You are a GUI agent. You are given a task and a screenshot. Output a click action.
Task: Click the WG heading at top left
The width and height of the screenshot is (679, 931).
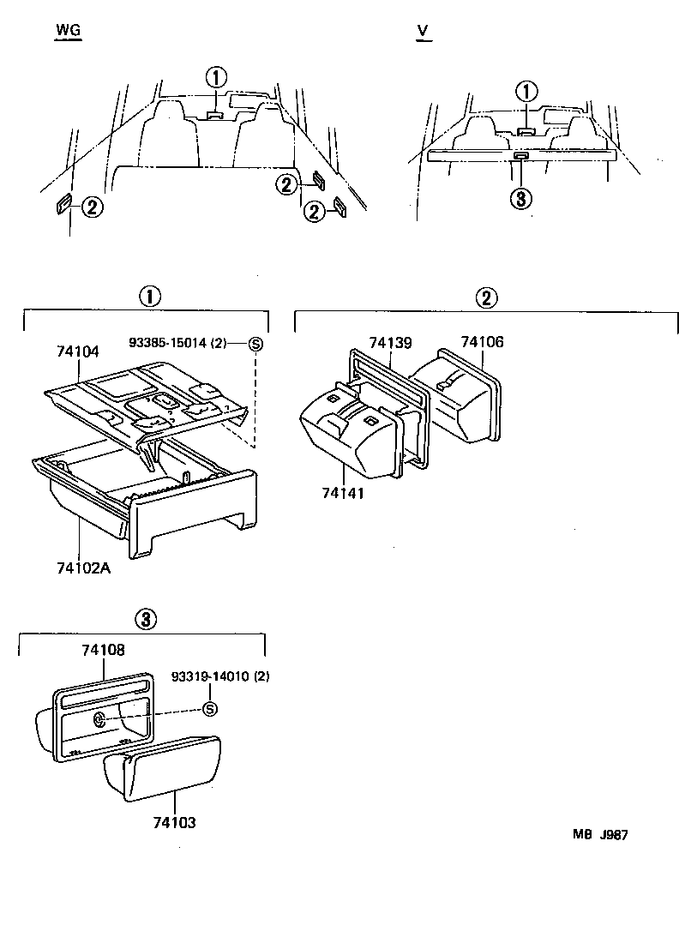click(x=68, y=31)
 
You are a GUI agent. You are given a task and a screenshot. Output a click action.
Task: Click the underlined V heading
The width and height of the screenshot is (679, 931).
click(x=422, y=31)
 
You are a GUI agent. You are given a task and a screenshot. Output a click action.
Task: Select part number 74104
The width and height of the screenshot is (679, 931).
click(x=79, y=351)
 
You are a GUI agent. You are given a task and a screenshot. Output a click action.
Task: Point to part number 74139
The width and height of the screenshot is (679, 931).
click(x=390, y=343)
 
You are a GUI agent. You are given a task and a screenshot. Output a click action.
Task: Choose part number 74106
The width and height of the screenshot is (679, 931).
click(x=482, y=342)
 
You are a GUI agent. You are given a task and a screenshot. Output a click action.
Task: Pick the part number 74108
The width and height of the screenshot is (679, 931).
click(x=104, y=651)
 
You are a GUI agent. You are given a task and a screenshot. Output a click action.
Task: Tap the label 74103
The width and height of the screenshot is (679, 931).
click(x=174, y=822)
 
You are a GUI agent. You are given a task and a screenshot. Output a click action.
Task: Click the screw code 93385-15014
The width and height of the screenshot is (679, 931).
click(x=177, y=344)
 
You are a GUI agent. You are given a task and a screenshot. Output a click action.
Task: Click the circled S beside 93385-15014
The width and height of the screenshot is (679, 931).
click(x=255, y=345)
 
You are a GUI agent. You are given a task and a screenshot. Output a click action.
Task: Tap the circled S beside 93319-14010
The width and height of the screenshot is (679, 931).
click(x=208, y=708)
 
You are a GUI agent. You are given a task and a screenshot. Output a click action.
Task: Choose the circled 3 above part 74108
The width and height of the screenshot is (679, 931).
click(x=145, y=619)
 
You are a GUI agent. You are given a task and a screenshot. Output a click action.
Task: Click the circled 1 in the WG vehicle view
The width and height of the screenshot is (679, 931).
click(x=216, y=77)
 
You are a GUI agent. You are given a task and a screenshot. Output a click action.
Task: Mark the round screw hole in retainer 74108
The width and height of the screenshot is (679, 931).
click(x=99, y=720)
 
